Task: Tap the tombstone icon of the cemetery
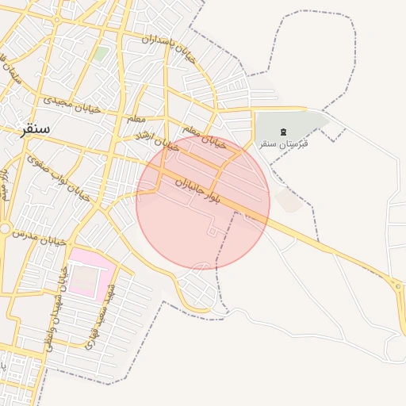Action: pyautogui.click(x=283, y=129)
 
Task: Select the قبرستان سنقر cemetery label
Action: pyautogui.click(x=283, y=144)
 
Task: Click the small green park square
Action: pyautogui.click(x=100, y=54)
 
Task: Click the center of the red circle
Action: pyautogui.click(x=203, y=202)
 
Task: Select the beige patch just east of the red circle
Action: pyautogui.click(x=289, y=201)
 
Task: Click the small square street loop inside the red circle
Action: pyautogui.click(x=213, y=230)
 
